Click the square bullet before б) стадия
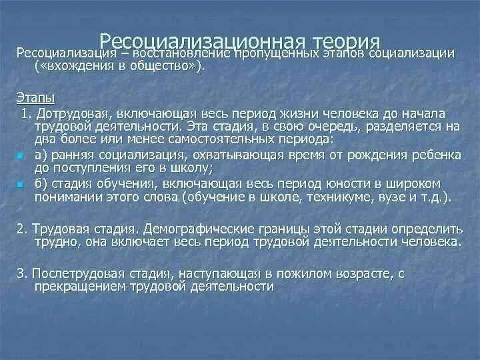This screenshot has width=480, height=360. coord(21,183)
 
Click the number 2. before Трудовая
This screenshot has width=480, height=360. coord(21,227)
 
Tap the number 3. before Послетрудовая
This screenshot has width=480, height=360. coord(21,273)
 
